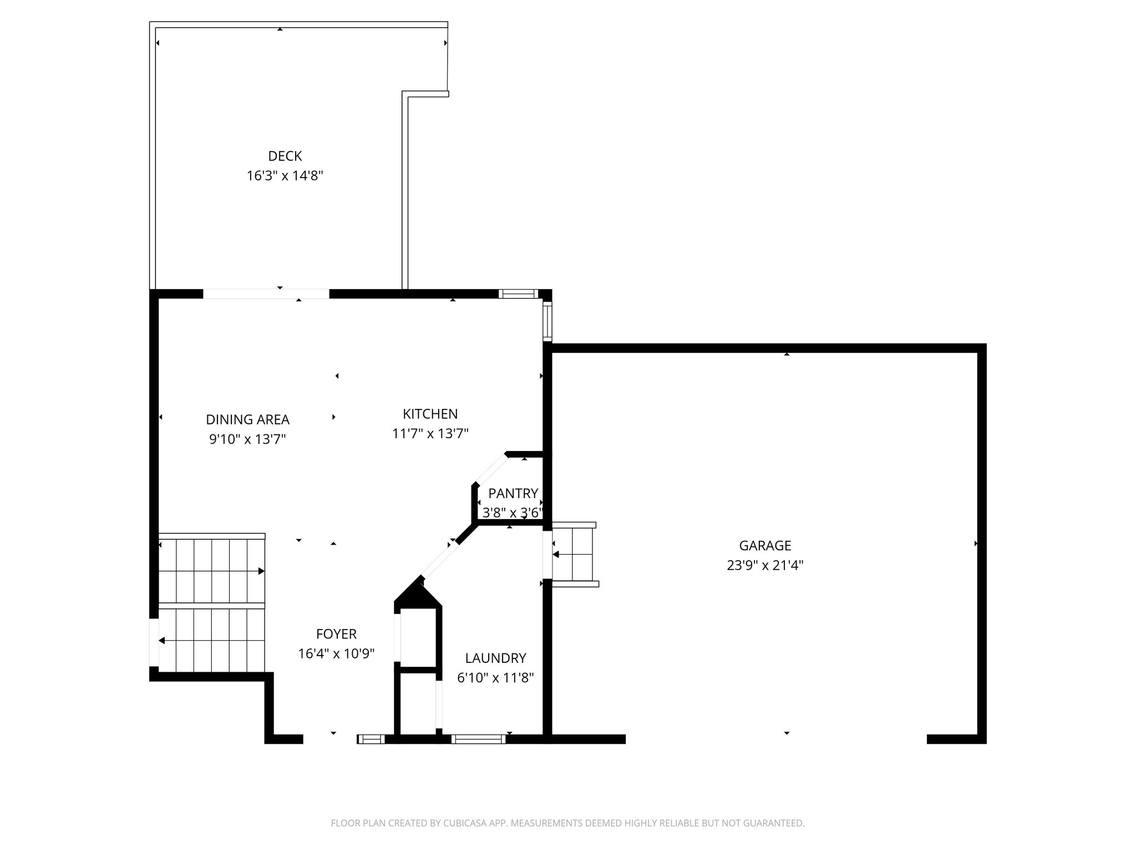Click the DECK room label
pyautogui.click(x=285, y=156)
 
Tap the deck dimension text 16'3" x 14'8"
pyautogui.click(x=285, y=176)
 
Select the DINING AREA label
pyautogui.click(x=247, y=419)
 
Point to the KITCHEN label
pyautogui.click(x=430, y=414)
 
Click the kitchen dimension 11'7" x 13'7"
pyautogui.click(x=430, y=433)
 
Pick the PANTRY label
pyautogui.click(x=513, y=493)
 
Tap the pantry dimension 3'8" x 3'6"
pyautogui.click(x=511, y=513)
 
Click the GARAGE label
pyautogui.click(x=765, y=545)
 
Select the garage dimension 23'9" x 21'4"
pyautogui.click(x=765, y=565)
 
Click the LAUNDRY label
pyautogui.click(x=495, y=658)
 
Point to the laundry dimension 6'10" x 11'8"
pyautogui.click(x=495, y=677)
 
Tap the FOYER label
pyautogui.click(x=336, y=633)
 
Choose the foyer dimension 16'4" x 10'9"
pyautogui.click(x=336, y=653)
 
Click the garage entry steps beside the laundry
pyautogui.click(x=574, y=554)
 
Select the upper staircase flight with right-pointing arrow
pyautogui.click(x=212, y=571)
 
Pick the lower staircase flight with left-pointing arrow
pyautogui.click(x=212, y=640)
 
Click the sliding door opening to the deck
pyautogui.click(x=266, y=294)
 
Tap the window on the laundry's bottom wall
pyautogui.click(x=478, y=739)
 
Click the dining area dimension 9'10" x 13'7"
pyautogui.click(x=247, y=439)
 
